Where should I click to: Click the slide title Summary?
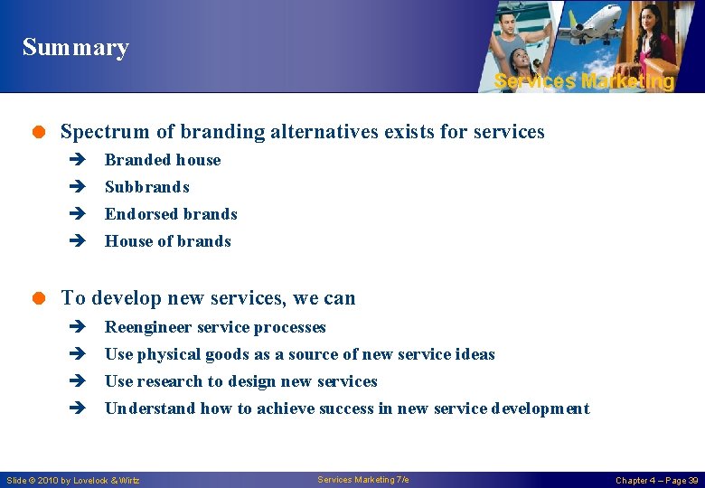click(x=76, y=47)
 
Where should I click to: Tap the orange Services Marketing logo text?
click(x=584, y=81)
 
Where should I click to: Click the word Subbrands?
click(x=146, y=187)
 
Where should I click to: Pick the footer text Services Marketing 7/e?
click(x=363, y=480)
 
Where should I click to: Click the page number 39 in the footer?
click(x=691, y=480)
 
